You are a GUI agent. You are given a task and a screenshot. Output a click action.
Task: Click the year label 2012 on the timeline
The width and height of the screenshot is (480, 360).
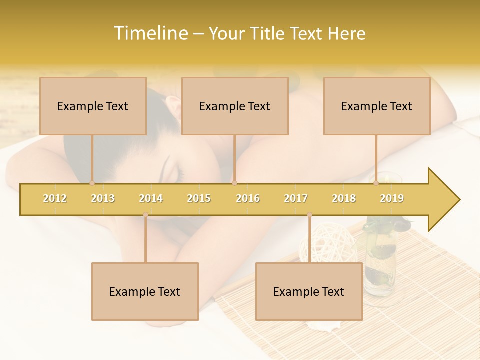coord(55,198)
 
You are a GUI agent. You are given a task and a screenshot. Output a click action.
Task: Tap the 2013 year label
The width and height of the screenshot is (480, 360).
coord(103,198)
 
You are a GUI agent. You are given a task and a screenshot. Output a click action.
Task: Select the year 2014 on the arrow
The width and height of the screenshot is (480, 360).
coord(151,198)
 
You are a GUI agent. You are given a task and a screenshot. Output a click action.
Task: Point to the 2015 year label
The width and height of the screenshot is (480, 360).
coord(199,198)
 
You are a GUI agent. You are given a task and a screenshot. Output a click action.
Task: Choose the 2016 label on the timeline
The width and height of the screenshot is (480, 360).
coord(248,198)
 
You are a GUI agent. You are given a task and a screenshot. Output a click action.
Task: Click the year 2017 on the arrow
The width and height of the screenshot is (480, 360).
coord(296,198)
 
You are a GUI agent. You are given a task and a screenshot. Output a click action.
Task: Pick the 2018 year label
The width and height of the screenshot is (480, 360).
coord(344,198)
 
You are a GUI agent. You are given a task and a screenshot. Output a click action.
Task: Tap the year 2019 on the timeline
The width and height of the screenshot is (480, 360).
coord(392,198)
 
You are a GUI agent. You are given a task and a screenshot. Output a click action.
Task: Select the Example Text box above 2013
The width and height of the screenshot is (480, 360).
coord(93,106)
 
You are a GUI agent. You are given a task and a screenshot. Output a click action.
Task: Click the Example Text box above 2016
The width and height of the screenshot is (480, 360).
coord(235,106)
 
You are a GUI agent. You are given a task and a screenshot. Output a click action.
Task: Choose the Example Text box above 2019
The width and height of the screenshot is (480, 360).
coord(377,106)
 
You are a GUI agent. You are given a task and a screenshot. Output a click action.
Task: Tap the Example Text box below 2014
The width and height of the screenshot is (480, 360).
coord(145,291)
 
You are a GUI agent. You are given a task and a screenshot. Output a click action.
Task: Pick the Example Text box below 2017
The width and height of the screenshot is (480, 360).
coord(309,291)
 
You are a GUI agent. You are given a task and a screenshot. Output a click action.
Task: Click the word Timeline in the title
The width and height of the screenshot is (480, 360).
coord(150,33)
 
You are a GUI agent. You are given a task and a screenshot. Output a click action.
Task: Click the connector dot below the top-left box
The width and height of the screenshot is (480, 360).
coord(92,183)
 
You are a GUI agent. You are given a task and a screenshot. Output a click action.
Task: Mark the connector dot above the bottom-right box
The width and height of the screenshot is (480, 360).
coord(310,214)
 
